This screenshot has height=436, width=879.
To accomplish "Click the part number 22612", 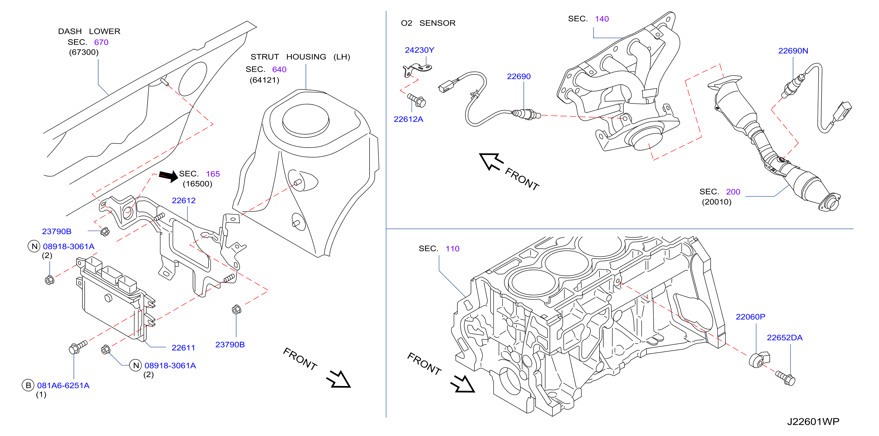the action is [x=184, y=201].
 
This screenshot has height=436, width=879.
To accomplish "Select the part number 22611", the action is [x=183, y=348].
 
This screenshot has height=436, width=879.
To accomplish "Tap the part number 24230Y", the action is [x=419, y=50].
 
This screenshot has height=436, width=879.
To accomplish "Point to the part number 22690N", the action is [x=793, y=51].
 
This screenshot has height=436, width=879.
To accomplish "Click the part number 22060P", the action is [x=750, y=317].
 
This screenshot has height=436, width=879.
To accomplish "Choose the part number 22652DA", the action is [x=785, y=338].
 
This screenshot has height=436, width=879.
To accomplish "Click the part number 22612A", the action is [x=409, y=119].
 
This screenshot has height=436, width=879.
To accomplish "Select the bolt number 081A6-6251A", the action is [x=63, y=386].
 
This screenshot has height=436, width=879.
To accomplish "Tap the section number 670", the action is [x=101, y=42].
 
